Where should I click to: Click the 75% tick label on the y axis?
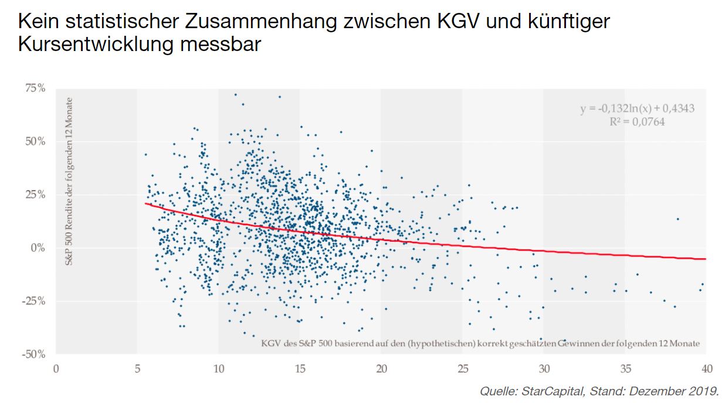pyautogui.click(x=34, y=89)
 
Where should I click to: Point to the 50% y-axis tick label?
pyautogui.click(x=34, y=141)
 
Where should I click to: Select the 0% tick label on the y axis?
pyautogui.click(x=38, y=248)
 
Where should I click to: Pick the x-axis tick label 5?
pyautogui.click(x=137, y=369)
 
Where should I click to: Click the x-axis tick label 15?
pyautogui.click(x=300, y=369)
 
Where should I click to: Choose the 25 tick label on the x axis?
pyautogui.click(x=462, y=369)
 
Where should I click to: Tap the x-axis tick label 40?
pyautogui.click(x=706, y=369)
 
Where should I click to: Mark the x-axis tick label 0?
pyautogui.click(x=56, y=369)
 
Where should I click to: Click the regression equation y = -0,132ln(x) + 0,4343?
pyautogui.click(x=638, y=109)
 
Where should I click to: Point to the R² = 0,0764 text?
pyautogui.click(x=638, y=123)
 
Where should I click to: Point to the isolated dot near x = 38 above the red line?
pyautogui.click(x=677, y=219)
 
